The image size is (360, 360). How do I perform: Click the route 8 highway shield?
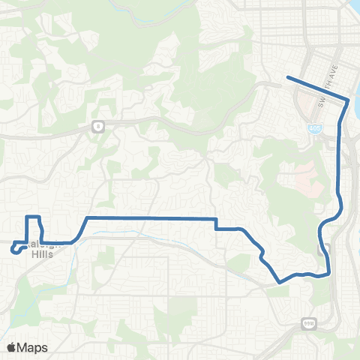(x=98, y=127)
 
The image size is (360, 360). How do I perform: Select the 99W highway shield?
(x=308, y=323)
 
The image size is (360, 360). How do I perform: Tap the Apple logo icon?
(x=11, y=347)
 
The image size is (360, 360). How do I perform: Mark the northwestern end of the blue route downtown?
(x=287, y=77)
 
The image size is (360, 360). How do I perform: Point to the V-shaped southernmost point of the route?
(x=280, y=283)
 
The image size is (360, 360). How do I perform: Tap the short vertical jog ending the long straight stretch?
(x=216, y=223)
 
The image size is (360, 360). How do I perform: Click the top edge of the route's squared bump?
(x=32, y=217)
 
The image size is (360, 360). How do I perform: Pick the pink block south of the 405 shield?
(x=304, y=177)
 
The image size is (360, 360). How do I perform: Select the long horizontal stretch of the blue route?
(x=150, y=218)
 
